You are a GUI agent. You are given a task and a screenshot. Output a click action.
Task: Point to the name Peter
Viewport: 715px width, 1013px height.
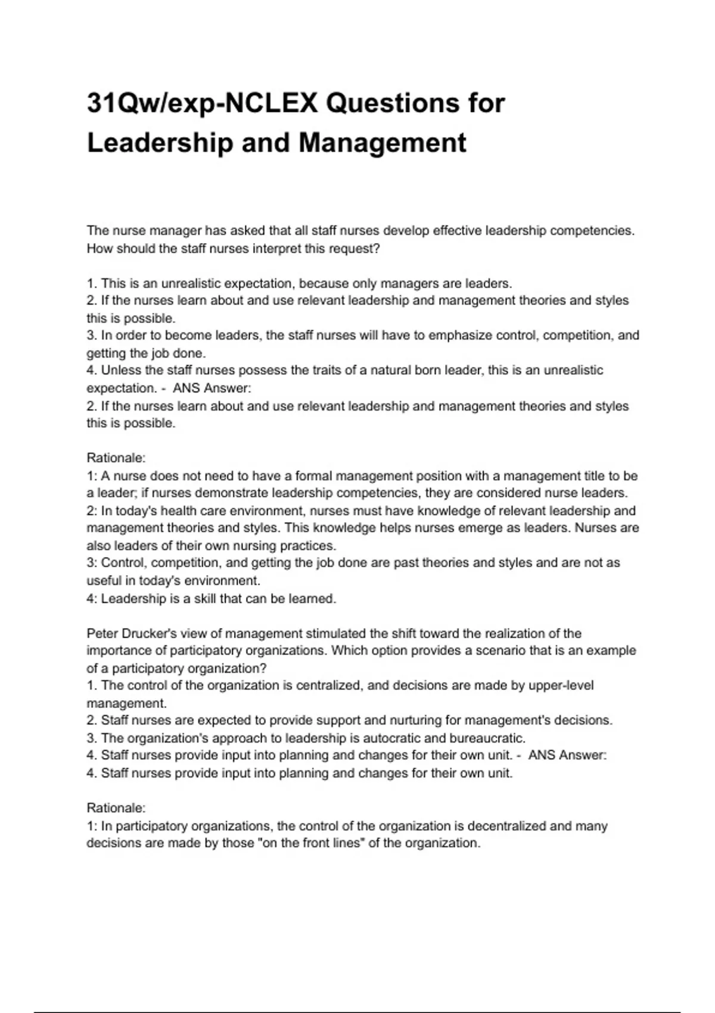102,633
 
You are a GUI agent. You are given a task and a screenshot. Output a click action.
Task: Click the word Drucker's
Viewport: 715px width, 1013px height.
149,633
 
